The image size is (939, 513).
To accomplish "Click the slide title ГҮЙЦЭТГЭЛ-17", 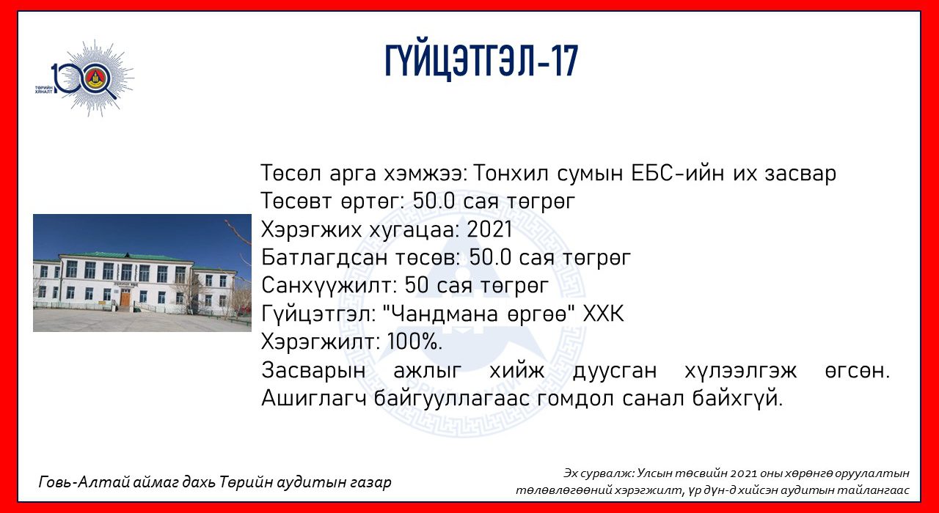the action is pyautogui.click(x=482, y=62).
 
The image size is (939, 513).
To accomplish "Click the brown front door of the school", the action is pyautogui.click(x=125, y=298).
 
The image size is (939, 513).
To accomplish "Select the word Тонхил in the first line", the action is pyautogui.click(x=510, y=173).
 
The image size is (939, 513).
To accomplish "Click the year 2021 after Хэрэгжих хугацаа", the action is pyautogui.click(x=489, y=229).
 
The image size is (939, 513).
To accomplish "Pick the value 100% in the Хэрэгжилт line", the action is pyautogui.click(x=414, y=342).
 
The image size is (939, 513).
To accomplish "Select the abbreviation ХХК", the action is pyautogui.click(x=603, y=314).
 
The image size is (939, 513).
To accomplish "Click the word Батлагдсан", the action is pyautogui.click(x=324, y=257).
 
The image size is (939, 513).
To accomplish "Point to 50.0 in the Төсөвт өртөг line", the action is pyautogui.click(x=434, y=201).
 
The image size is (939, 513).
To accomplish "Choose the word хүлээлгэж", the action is pyautogui.click(x=740, y=371).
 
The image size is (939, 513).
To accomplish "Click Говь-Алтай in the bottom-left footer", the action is pyautogui.click(x=84, y=482).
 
